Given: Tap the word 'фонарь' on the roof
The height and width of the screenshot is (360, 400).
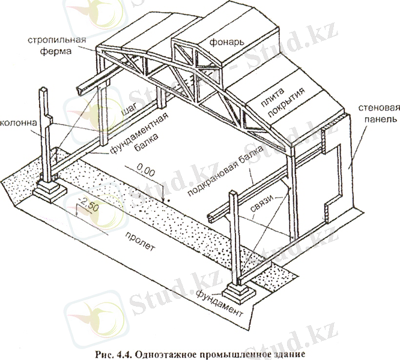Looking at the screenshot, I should (x=226, y=43).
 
